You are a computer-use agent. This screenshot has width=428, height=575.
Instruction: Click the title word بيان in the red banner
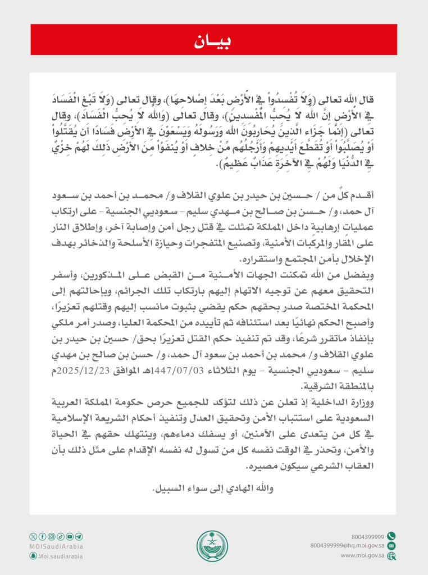point(213,40)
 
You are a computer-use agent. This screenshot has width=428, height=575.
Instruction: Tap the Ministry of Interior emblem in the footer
point(212,546)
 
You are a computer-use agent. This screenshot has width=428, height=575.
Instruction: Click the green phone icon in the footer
point(391,536)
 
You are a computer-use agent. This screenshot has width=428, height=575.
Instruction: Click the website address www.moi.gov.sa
point(363,555)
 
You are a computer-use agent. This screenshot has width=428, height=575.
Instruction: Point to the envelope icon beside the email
point(391,546)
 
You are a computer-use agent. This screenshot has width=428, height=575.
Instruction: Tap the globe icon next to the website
point(391,556)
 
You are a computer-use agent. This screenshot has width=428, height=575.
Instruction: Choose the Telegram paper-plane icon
point(79,537)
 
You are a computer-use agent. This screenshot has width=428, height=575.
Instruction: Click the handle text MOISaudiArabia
point(56,546)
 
